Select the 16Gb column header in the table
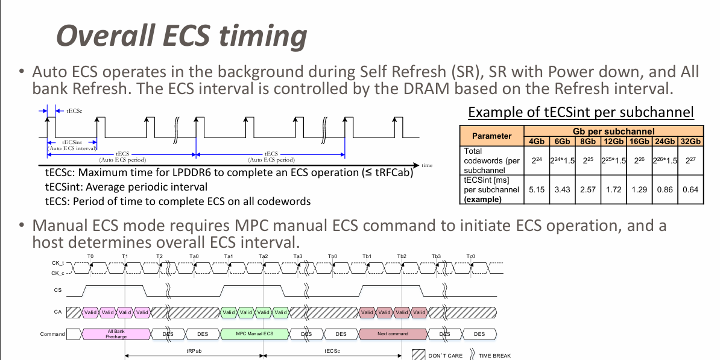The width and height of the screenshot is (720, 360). click(639, 141)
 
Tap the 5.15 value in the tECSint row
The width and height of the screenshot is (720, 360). click(536, 189)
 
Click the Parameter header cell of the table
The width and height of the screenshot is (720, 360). click(491, 136)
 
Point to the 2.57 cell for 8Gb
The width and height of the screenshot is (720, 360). click(587, 189)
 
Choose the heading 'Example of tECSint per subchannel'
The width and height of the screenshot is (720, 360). click(581, 112)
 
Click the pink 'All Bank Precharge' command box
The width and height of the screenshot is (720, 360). click(116, 333)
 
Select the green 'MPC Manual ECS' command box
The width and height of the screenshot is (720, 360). click(255, 333)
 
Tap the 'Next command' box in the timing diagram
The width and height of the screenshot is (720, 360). click(393, 333)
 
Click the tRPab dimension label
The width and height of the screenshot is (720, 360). click(194, 350)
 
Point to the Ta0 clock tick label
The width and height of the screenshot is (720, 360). click(194, 256)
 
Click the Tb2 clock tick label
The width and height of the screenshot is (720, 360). click(402, 256)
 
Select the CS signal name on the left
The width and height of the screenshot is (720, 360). click(58, 290)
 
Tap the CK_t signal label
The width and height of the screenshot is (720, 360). click(57, 264)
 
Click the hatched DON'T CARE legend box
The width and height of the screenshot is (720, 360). click(419, 355)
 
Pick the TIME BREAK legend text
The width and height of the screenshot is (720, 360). click(494, 356)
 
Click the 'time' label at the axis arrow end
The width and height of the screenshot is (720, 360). click(427, 165)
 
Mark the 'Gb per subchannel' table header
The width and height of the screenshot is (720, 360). click(613, 131)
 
